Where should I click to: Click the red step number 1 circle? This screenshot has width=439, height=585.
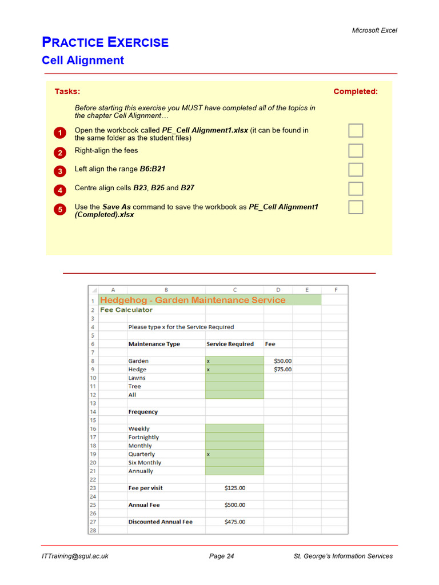point(60,134)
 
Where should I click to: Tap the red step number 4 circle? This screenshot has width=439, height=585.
point(60,190)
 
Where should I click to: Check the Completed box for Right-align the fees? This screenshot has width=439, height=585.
point(356,151)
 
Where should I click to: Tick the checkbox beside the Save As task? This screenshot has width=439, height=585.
point(356,207)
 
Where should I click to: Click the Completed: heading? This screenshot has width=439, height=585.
point(355,91)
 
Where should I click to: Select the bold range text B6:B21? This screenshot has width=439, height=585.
point(153,169)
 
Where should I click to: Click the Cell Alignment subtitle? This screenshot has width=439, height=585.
point(83,61)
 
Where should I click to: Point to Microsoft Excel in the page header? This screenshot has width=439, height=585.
point(374,30)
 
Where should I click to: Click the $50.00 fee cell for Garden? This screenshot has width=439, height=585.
point(282,361)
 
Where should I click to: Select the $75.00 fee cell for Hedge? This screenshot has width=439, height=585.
point(282,370)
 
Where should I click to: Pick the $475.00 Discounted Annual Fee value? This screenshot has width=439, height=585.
point(235,522)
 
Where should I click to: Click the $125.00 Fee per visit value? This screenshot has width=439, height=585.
point(235,488)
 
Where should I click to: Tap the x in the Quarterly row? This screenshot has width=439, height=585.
point(209,454)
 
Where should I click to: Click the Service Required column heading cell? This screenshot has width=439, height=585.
point(230,344)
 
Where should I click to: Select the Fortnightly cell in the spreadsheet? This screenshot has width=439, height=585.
point(143,437)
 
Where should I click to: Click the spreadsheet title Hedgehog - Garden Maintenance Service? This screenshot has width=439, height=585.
point(193,300)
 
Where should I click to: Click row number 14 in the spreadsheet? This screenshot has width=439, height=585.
point(93,412)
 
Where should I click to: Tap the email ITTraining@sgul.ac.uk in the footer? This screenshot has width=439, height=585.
point(75,556)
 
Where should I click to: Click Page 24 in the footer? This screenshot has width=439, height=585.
point(221,556)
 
